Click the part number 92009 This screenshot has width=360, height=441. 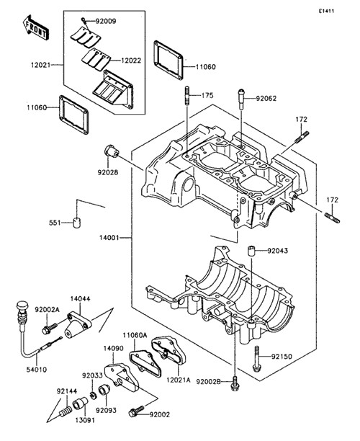105,22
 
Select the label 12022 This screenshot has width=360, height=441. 131,61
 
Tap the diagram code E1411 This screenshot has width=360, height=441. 326,12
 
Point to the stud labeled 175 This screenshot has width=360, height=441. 187,96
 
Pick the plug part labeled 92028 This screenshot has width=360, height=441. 112,151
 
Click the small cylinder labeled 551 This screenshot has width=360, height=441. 77,223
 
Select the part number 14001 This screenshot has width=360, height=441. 109,238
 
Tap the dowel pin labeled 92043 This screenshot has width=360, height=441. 251,250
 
